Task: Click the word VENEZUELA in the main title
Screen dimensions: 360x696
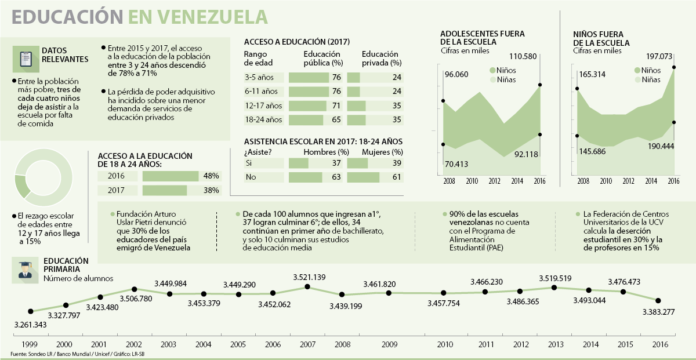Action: point(198,16)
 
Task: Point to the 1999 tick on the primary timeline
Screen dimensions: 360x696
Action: point(31,344)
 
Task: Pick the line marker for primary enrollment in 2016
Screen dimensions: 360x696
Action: point(658,300)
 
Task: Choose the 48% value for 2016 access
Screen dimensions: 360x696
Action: point(211,176)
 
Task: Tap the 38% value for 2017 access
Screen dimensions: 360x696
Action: point(211,190)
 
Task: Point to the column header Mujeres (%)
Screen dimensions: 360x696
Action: point(382,152)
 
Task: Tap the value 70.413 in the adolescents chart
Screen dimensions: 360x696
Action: point(456,164)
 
